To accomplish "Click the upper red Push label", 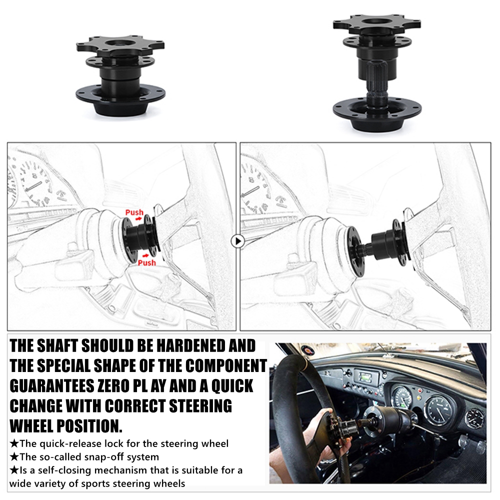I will pyautogui.click(x=134, y=212).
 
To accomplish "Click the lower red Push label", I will pyautogui.click(x=146, y=262).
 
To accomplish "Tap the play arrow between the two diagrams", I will pyautogui.click(x=238, y=241).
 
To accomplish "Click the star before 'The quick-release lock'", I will pyautogui.click(x=14, y=443).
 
